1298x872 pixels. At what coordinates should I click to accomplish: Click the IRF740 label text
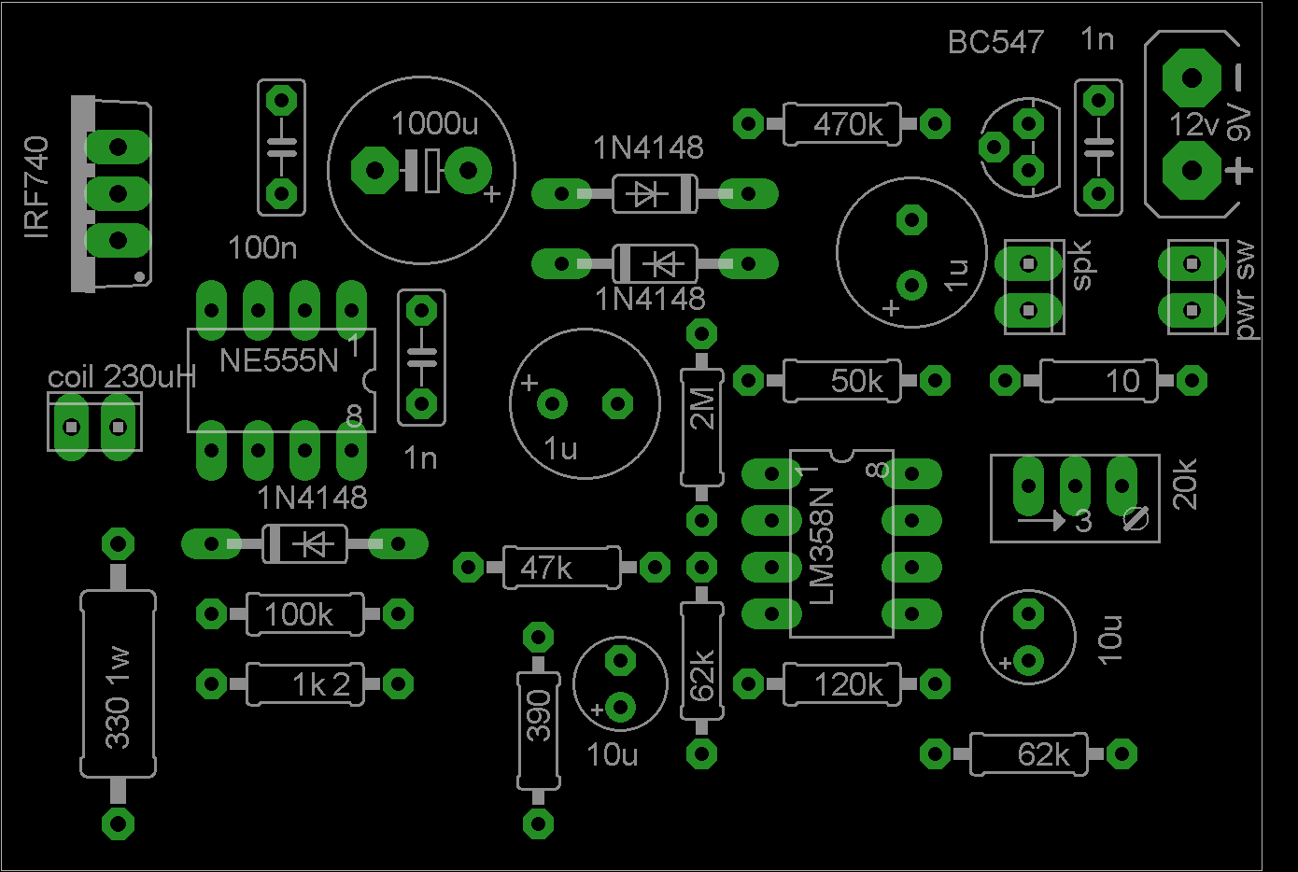(x=36, y=188)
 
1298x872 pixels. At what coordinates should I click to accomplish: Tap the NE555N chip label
(x=278, y=360)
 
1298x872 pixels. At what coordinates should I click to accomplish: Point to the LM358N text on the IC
(x=822, y=546)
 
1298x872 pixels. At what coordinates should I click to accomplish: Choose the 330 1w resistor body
(x=118, y=683)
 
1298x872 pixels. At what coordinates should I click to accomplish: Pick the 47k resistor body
(x=560, y=567)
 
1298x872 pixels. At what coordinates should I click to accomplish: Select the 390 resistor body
(x=539, y=730)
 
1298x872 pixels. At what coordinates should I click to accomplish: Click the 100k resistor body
(x=304, y=614)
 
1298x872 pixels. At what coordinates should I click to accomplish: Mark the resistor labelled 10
(x=1098, y=381)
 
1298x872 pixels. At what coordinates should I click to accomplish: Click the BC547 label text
(x=995, y=42)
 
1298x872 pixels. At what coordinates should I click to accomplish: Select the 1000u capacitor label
(x=434, y=123)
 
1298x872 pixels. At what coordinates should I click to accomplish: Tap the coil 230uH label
(x=121, y=377)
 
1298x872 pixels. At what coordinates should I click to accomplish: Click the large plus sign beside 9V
(x=1239, y=171)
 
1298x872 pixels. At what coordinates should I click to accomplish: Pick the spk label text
(x=1081, y=265)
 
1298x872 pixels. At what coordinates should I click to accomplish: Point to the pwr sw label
(x=1246, y=289)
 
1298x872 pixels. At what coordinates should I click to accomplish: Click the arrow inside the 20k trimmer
(x=1041, y=520)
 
